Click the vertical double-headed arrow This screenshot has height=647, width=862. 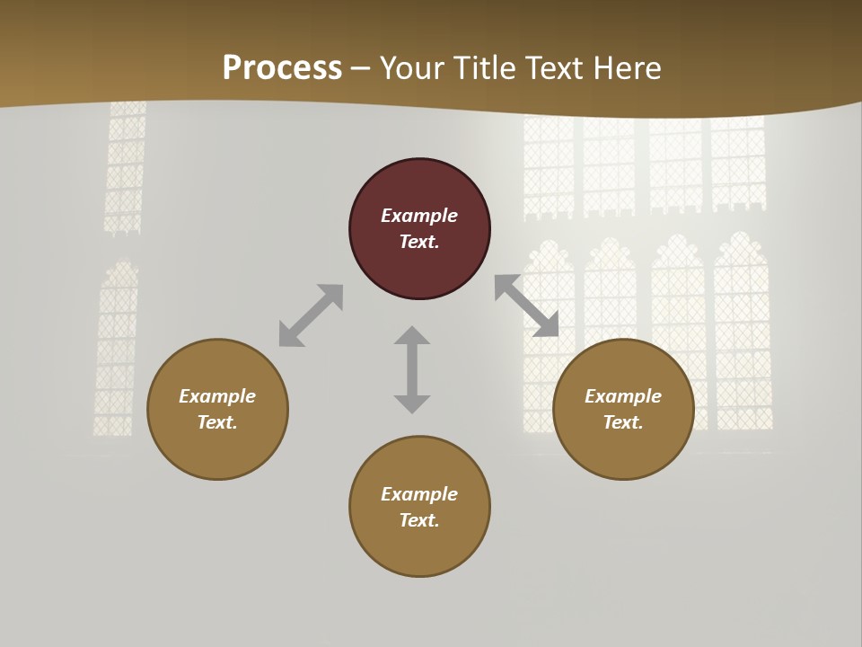coord(412,369)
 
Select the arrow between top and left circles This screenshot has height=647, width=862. coord(312,315)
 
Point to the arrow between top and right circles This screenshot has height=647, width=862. coord(526,306)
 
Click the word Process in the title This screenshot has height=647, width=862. coord(282,67)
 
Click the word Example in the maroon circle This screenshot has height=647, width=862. coord(419,216)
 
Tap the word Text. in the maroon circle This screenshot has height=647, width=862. coord(419,242)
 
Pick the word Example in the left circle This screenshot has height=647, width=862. coord(217,396)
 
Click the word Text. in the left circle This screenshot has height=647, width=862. coord(217,422)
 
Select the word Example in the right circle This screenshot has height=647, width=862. coord(623,396)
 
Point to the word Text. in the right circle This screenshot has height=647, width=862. coord(623,422)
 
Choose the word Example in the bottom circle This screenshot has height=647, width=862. coord(419,494)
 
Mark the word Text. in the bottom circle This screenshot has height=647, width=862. coord(419,520)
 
